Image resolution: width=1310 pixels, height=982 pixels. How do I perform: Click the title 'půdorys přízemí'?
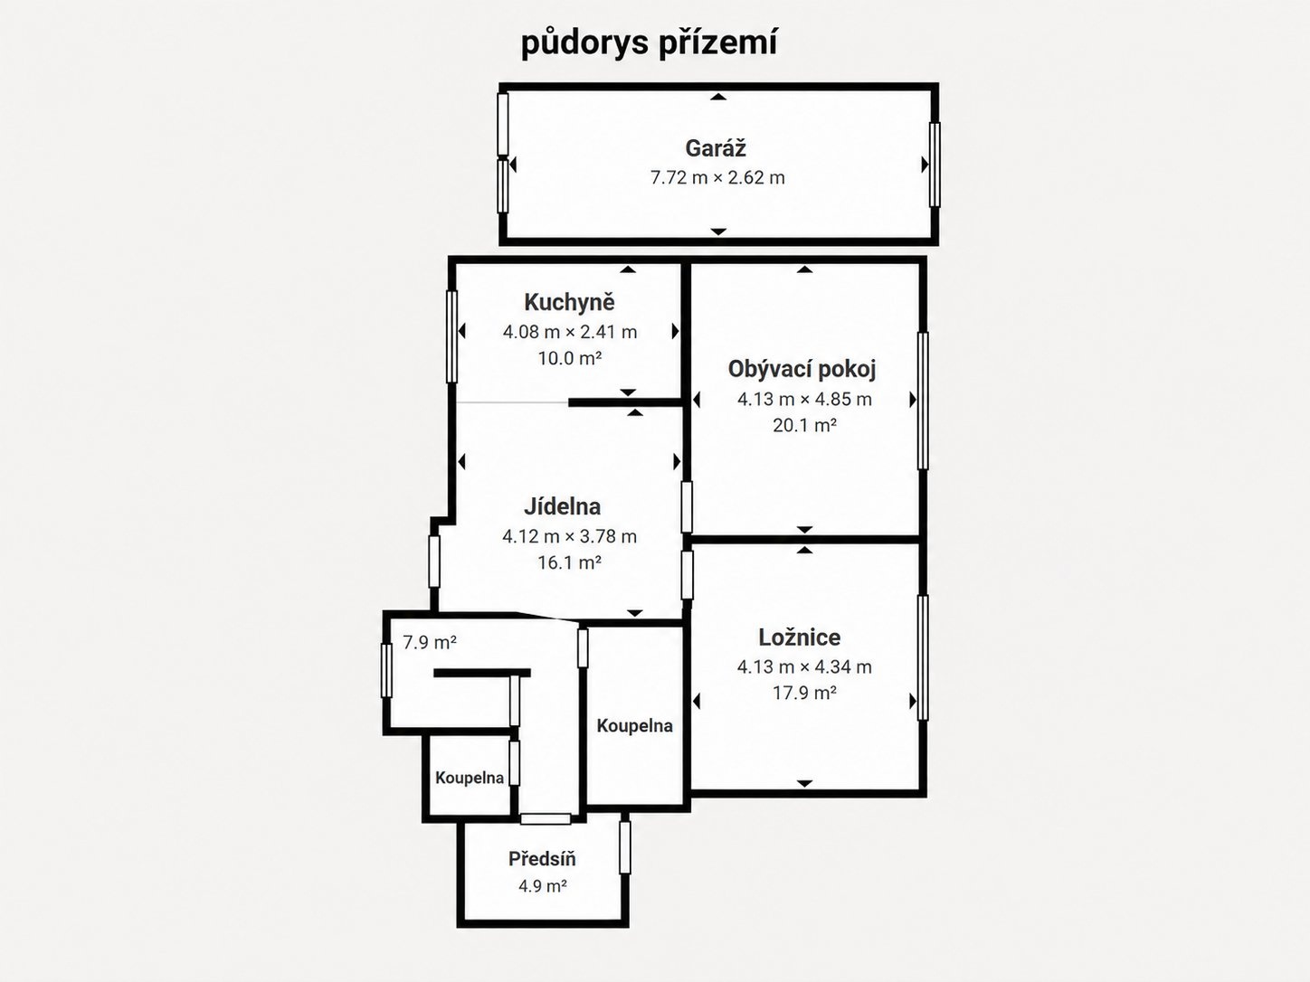point(650,44)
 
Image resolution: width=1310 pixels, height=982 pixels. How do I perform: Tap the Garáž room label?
point(716,148)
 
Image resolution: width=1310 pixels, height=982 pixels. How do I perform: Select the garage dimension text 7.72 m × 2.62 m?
point(717,177)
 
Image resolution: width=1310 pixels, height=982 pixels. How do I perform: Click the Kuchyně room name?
point(569,302)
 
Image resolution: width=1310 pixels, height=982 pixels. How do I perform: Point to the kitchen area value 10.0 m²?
point(569,358)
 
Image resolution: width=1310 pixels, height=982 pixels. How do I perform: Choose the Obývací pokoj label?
point(802,370)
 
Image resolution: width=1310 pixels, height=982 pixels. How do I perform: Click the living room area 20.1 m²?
point(804,425)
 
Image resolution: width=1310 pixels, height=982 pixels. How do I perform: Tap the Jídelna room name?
point(562,506)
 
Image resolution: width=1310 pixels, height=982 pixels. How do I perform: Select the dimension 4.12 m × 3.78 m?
point(569,536)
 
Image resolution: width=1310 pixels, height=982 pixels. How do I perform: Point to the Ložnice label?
point(800,637)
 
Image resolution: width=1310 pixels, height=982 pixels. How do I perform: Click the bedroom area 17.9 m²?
point(804,693)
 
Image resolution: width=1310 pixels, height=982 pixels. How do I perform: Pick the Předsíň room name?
point(542,859)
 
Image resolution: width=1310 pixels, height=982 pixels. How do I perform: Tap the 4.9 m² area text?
point(542,886)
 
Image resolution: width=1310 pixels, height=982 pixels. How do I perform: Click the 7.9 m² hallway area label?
point(430,643)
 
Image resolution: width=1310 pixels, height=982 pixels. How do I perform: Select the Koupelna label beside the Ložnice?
point(634,725)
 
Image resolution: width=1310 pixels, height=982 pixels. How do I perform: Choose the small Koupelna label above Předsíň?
point(470,778)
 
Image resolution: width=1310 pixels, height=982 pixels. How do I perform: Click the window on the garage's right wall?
point(935,165)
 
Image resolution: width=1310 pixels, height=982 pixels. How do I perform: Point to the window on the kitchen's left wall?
point(451,336)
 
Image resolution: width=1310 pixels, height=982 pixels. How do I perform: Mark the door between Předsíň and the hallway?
point(546,818)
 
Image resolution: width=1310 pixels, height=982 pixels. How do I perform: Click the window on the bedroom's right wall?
point(923,657)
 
